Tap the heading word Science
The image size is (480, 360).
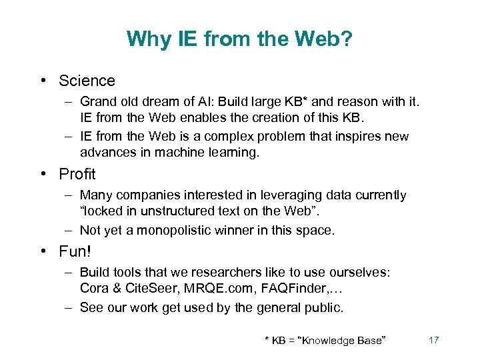pyautogui.click(x=87, y=81)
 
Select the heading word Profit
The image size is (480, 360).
pyautogui.click(x=77, y=175)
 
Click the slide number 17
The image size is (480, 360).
pyautogui.click(x=433, y=340)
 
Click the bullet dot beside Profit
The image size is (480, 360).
pyautogui.click(x=43, y=175)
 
